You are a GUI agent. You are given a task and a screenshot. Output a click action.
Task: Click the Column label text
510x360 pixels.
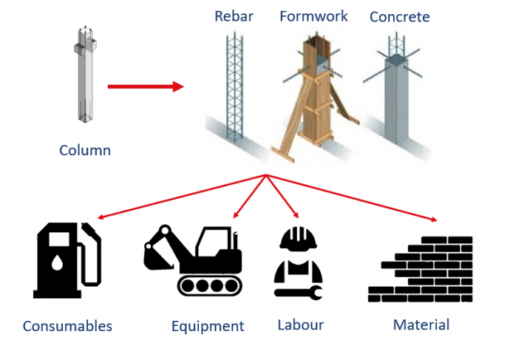coord(85,151)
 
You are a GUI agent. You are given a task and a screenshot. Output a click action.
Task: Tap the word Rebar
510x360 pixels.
coord(234,16)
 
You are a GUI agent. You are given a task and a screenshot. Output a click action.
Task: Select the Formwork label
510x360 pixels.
coord(313,16)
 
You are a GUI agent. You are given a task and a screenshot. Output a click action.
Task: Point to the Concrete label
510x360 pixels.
coord(399,16)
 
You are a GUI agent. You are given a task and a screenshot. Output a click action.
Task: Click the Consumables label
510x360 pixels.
coord(67,326)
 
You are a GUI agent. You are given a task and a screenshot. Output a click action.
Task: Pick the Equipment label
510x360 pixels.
coord(208,326)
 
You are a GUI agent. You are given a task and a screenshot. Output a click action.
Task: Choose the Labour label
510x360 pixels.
coord(301,325)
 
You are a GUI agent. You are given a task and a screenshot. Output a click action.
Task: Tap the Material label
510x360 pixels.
coord(421,325)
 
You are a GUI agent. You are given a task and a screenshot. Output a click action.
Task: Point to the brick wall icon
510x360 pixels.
coord(421,269)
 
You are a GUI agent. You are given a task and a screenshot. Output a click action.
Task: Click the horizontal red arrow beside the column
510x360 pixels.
coord(145,86)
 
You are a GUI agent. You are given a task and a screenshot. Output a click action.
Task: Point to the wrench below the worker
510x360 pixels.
coord(298,293)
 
